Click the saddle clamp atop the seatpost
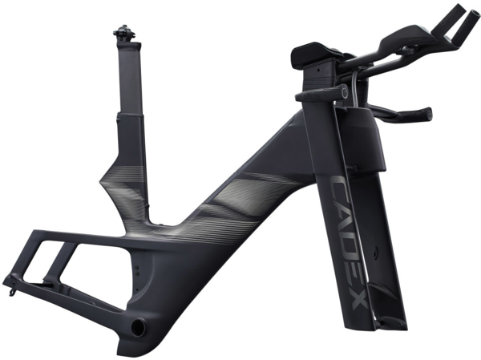click(x=124, y=33)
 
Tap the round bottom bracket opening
click(x=139, y=326)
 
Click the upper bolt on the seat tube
click(x=137, y=268)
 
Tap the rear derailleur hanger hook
click(x=12, y=292)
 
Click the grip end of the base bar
click(x=427, y=112)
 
